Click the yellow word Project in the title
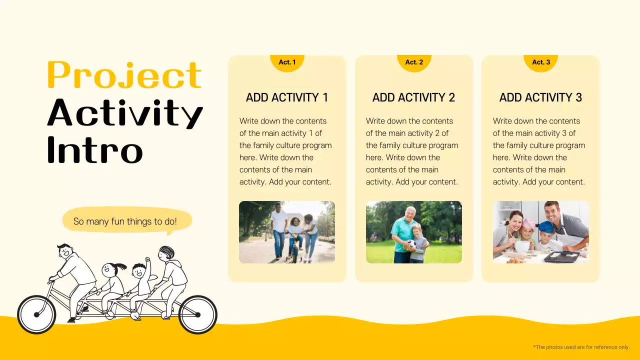point(124,75)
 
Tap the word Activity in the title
point(125,112)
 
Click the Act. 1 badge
point(287,62)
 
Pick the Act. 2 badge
point(414,62)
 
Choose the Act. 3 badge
point(541,62)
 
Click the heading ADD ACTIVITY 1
point(287,97)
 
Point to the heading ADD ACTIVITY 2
point(414,97)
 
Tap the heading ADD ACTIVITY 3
point(541,97)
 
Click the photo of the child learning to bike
point(287,232)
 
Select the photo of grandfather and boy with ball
point(414,232)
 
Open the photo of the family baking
point(541,232)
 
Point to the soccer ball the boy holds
point(409,245)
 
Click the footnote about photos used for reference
point(581,347)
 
